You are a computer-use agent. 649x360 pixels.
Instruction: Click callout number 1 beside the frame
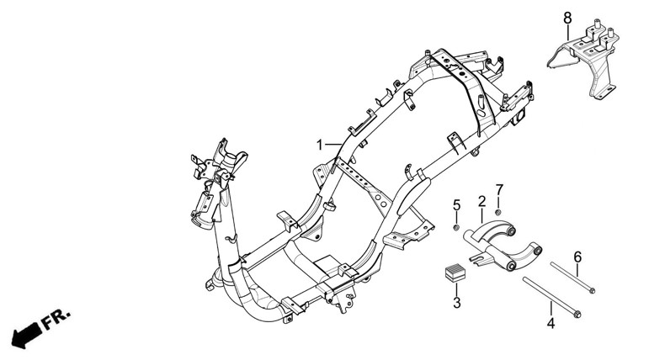click(320, 146)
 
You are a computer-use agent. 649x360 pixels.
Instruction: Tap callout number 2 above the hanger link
click(481, 202)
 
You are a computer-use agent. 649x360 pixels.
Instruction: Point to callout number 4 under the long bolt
click(551, 322)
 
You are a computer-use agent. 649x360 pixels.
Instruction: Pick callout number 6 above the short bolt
click(577, 257)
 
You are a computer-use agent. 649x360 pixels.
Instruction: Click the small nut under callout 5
click(456, 227)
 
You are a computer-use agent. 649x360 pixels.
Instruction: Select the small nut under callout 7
click(498, 209)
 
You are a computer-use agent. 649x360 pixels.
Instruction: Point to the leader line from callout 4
click(551, 309)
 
